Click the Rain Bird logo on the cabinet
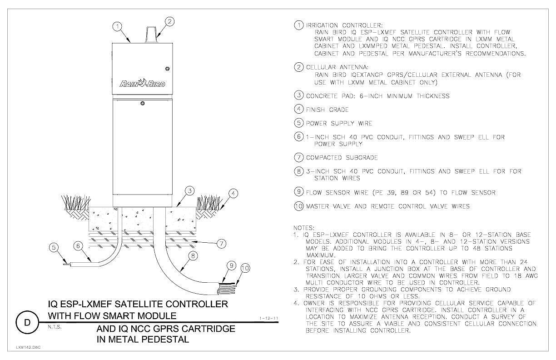pos(142,83)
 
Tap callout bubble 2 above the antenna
pos(169,21)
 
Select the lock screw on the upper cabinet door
pos(167,69)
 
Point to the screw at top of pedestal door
pos(143,103)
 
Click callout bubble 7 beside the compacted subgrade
pos(221,244)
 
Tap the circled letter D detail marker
pos(27,322)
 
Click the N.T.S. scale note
pos(55,327)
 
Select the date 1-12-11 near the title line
pos(269,318)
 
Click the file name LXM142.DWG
pos(28,347)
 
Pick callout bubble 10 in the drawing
pos(245,268)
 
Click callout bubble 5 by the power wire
pos(54,247)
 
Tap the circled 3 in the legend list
pos(299,95)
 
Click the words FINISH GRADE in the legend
pos(327,110)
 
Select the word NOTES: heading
pos(304,228)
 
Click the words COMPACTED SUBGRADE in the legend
pos(342,158)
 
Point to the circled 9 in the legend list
pos(299,192)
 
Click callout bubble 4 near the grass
pos(233,193)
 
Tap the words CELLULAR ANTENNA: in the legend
pos(338,67)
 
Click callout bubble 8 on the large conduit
pos(193,255)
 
